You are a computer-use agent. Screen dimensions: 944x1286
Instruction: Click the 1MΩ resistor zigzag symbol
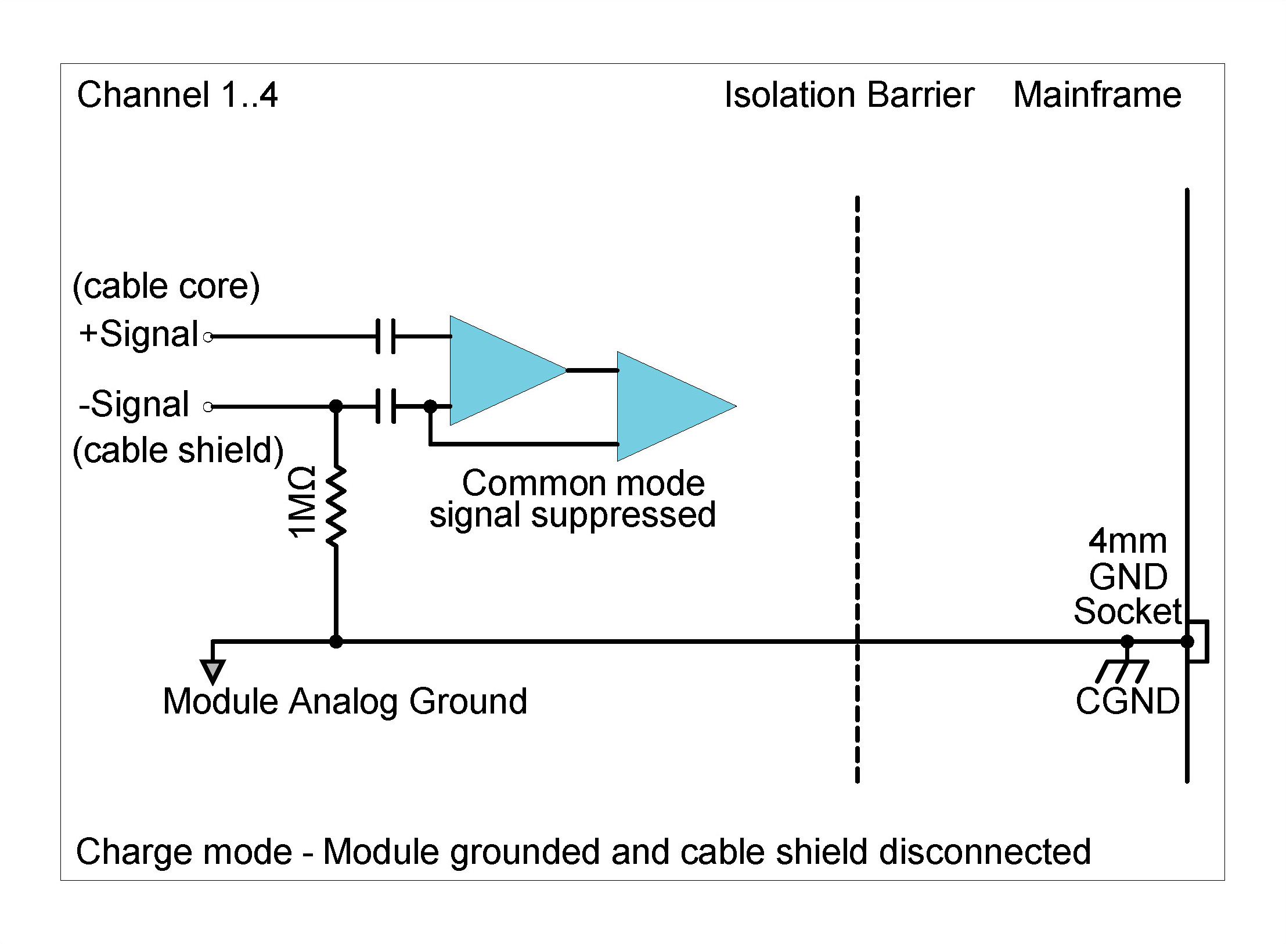[x=336, y=505]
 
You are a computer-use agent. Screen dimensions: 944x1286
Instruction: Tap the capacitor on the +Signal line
[x=386, y=336]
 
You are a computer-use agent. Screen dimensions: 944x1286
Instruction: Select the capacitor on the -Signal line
[x=386, y=406]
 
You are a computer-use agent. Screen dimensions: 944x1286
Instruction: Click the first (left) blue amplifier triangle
[x=499, y=370]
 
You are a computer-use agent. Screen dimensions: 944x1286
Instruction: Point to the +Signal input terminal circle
[x=209, y=336]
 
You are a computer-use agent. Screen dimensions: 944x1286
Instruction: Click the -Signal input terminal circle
[x=208, y=406]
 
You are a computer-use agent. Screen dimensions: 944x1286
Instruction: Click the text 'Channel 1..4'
[x=177, y=95]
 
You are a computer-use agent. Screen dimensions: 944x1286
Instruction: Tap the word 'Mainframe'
[x=1097, y=95]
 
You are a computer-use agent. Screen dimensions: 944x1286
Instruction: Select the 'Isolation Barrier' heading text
[x=849, y=95]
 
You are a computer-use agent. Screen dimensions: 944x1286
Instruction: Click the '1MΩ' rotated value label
[x=302, y=502]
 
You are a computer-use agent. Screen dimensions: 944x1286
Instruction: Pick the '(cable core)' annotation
[x=166, y=286]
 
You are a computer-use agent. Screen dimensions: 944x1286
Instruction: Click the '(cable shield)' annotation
[x=178, y=450]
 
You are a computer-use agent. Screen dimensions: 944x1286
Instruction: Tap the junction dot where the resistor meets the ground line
[x=336, y=642]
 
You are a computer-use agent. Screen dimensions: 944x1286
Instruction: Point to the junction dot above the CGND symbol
[x=1127, y=642]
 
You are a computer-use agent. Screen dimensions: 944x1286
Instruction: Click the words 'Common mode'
[x=583, y=483]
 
